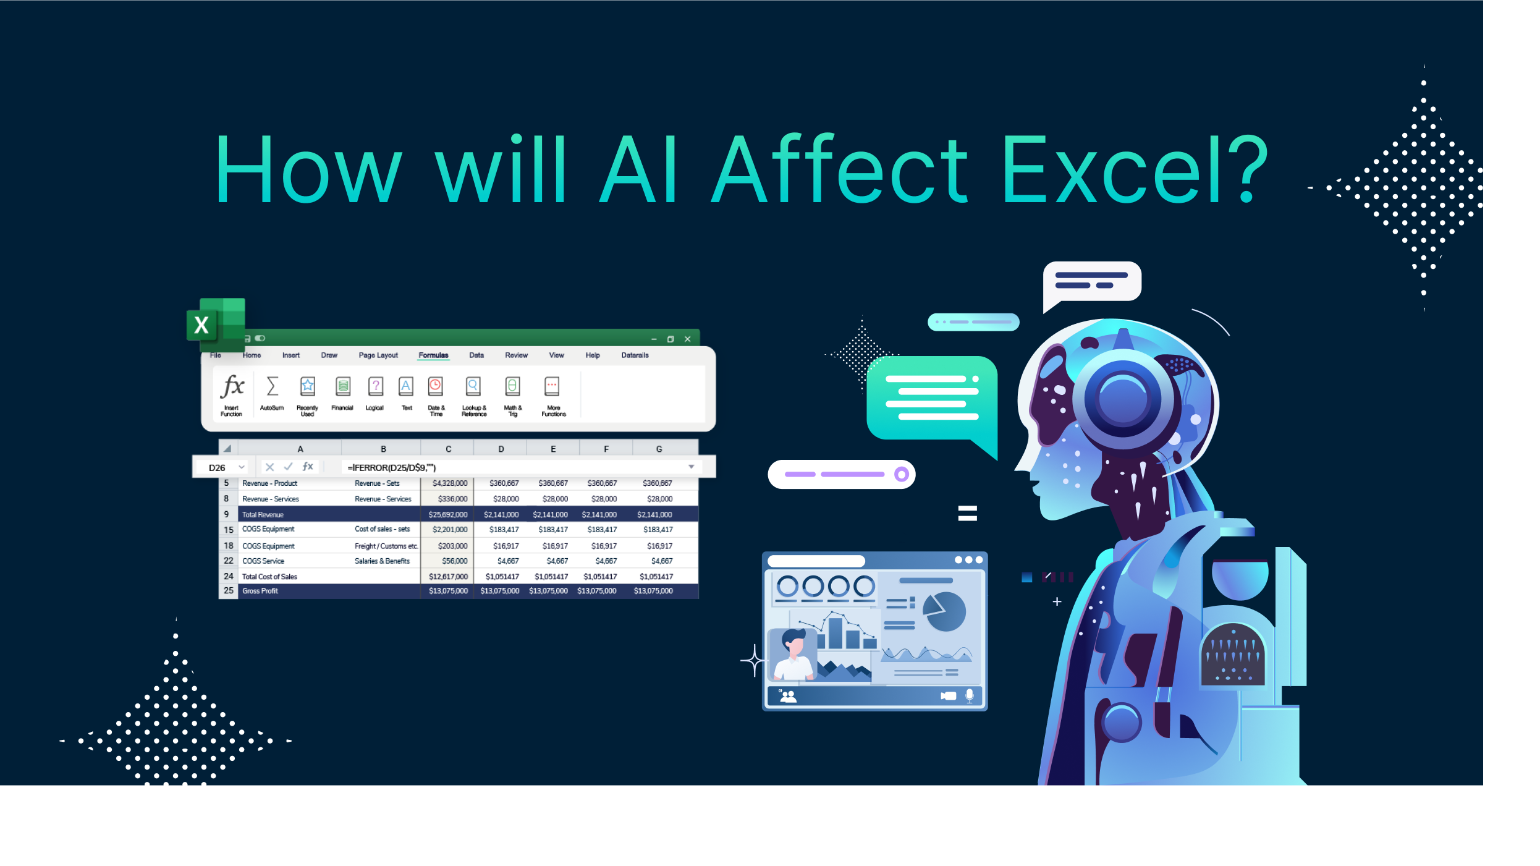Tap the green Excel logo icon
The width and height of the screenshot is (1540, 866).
pos(216,323)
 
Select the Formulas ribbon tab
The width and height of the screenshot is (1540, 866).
pos(433,355)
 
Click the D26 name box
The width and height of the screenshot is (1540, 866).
pos(217,468)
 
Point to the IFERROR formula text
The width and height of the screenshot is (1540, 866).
pos(392,468)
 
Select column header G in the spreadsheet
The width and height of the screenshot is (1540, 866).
pos(659,449)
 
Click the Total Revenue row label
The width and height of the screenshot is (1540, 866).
pos(263,515)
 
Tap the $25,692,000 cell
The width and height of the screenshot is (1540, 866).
pos(448,515)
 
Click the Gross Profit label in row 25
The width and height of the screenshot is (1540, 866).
pos(260,592)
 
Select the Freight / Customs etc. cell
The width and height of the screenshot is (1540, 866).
pos(386,546)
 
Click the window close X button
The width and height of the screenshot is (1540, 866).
pos(687,339)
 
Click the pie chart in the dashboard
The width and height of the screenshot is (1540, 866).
pos(944,612)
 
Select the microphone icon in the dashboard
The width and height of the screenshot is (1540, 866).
pos(970,696)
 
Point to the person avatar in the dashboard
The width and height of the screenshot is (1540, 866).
pos(792,655)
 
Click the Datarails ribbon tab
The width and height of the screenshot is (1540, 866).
pos(635,355)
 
